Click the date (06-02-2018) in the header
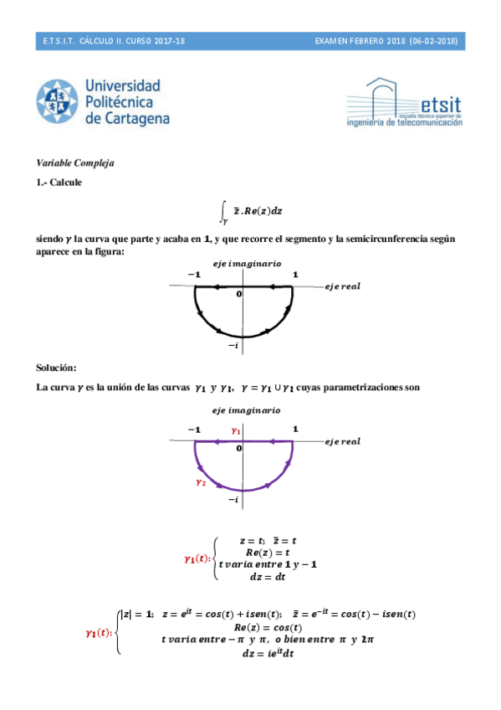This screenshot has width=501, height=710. click(x=433, y=41)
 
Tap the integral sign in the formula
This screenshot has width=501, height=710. click(x=222, y=210)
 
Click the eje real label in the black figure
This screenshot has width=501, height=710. click(x=342, y=287)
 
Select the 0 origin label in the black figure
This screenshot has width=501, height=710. click(x=238, y=295)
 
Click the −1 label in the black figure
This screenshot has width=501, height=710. click(x=194, y=275)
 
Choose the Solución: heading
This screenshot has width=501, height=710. click(x=56, y=368)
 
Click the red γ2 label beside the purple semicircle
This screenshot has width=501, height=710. click(x=200, y=482)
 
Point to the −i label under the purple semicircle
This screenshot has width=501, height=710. click(x=234, y=499)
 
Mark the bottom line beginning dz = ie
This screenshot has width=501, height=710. click(x=266, y=652)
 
